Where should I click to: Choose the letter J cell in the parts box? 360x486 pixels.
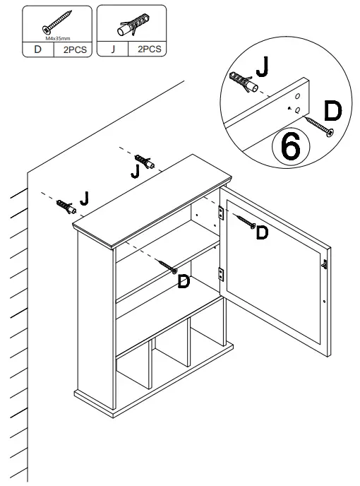pyautogui.click(x=112, y=50)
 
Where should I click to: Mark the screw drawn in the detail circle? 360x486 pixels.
pyautogui.click(x=318, y=126)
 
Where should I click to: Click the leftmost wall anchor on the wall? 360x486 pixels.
pyautogui.click(x=66, y=206)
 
